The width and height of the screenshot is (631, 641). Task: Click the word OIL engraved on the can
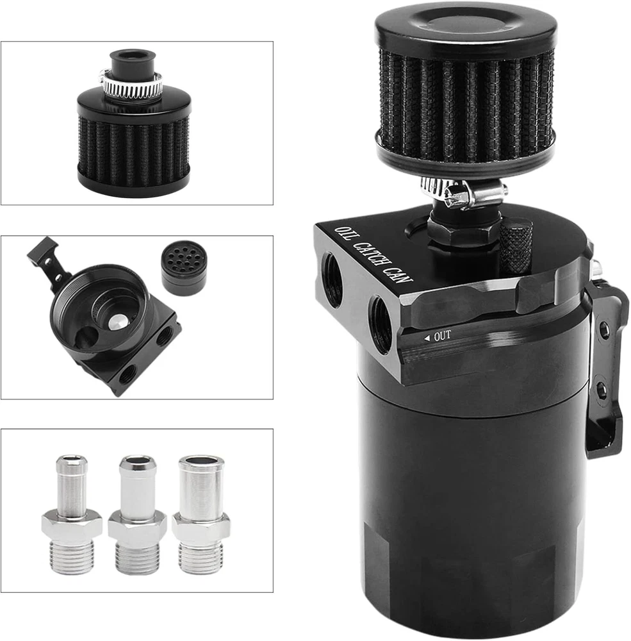pos(343,235)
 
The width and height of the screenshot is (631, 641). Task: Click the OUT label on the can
pos(443,336)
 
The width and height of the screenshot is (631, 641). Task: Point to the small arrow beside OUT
pos(427,338)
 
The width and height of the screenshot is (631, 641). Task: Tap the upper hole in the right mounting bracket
pos(602,330)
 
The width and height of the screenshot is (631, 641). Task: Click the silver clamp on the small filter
pos(131,85)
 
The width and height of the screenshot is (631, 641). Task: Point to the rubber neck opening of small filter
pos(133,56)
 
